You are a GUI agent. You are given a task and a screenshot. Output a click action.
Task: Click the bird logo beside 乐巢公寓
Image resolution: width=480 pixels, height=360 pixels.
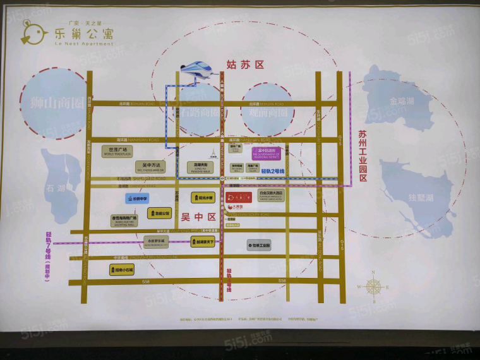point(32,31)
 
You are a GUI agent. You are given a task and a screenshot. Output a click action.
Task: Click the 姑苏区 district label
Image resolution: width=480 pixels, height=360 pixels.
point(244,65)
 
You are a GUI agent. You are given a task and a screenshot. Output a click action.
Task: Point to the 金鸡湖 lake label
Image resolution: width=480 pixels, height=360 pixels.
point(402,100)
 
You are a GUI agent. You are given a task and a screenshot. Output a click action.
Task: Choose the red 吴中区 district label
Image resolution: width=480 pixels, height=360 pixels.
point(198,217)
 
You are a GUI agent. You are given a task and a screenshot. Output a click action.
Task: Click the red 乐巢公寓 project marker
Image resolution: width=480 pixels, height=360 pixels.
point(241,198)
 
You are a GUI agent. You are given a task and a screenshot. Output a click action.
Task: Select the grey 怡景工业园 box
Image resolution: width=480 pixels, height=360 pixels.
point(258,244)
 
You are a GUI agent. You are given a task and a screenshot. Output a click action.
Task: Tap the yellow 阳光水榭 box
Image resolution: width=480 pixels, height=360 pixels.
point(203,198)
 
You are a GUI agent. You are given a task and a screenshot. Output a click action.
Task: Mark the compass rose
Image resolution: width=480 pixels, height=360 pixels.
point(374,286)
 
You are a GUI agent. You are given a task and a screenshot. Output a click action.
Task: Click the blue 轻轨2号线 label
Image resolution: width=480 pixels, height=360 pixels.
point(273,171)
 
